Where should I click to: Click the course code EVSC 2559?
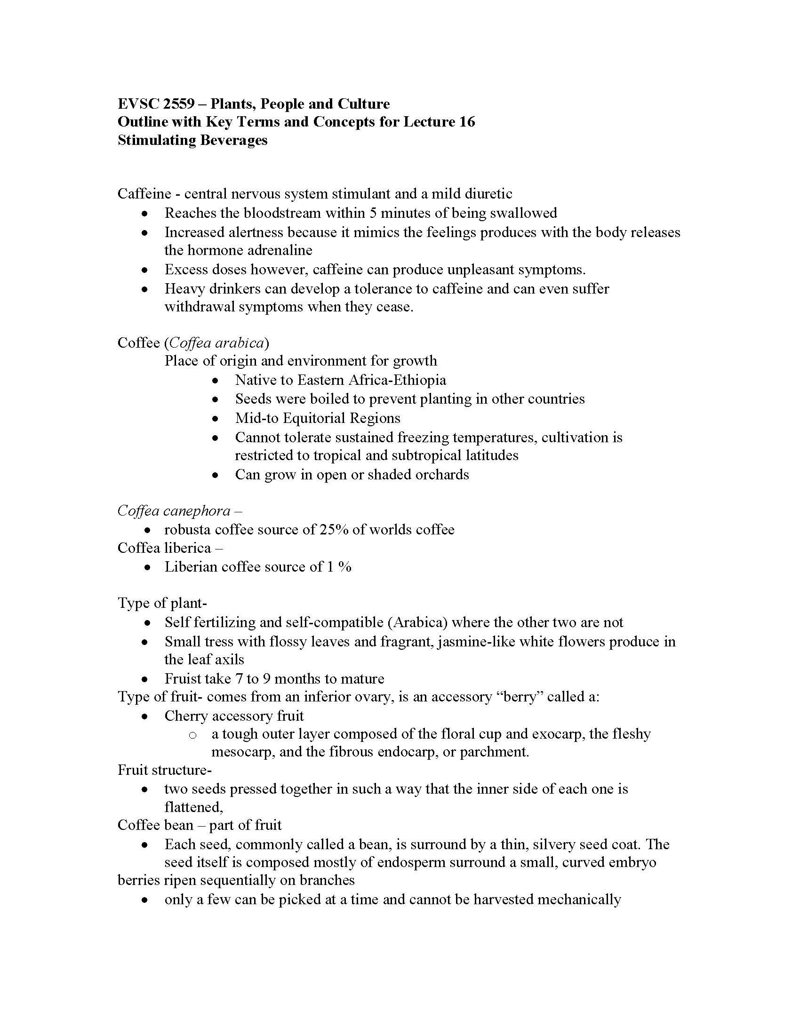156,104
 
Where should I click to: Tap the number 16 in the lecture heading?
466,122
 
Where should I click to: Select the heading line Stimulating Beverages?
192,140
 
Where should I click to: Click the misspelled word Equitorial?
314,418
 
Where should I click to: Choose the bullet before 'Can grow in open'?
216,475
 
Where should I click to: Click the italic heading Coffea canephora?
174,510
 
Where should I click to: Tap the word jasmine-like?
476,642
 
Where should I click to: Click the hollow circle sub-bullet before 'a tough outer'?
192,735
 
